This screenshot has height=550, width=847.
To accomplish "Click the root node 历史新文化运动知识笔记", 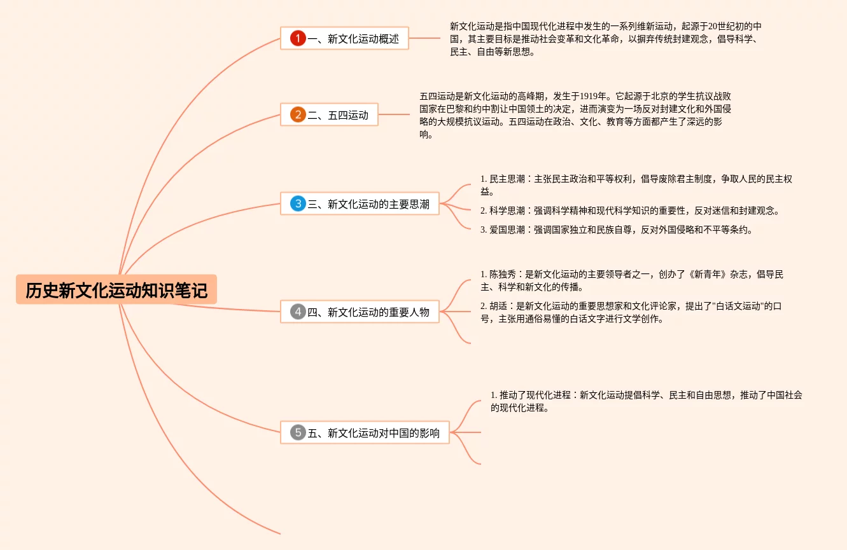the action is (116, 290).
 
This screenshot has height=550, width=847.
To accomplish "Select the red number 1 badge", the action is (298, 38).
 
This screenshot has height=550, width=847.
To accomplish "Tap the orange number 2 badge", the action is (298, 114).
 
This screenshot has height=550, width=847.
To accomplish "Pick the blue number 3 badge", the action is (298, 203).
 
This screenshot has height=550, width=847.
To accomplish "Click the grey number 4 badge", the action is (298, 312).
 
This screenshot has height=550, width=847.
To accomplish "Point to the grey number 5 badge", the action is (298, 432).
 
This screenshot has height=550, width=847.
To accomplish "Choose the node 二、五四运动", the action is (338, 115).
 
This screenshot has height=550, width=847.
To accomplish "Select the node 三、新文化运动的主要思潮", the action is (368, 204).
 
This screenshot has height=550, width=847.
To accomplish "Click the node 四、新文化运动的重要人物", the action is (368, 312).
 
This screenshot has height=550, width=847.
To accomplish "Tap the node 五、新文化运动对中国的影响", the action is (374, 433).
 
